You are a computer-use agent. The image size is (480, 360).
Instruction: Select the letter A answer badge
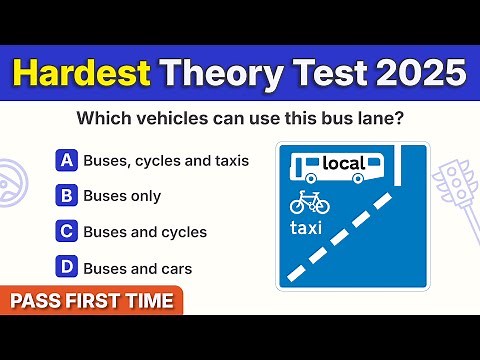pos(67,159)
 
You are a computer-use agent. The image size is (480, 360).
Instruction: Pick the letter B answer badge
pos(67,195)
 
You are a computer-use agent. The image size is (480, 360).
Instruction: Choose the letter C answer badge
pos(67,231)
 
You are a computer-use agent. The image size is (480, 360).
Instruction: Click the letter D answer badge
pos(67,267)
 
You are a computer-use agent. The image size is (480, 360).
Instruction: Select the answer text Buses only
pos(122,196)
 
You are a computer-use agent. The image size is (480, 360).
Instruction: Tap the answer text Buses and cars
pos(137,268)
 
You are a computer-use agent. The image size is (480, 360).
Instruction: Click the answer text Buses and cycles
pos(145,232)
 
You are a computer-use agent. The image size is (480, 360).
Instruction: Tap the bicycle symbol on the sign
pos(309,203)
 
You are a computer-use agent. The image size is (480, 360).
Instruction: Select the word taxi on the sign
pos(309,229)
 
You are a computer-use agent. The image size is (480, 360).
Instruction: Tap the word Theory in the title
pos(223,74)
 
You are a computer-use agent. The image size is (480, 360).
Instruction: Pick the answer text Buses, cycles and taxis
pos(166,160)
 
